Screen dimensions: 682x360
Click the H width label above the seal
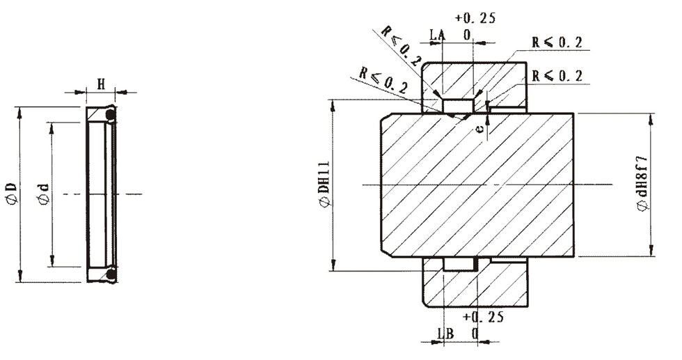coord(101,84)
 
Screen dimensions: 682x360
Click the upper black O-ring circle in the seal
coord(111,115)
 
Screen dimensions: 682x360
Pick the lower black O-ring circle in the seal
coord(111,274)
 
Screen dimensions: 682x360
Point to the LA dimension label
coord(438,35)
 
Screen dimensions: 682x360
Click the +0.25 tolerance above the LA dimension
coord(475,18)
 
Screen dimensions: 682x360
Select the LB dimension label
coord(445,334)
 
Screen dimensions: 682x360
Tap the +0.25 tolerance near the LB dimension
coord(483,317)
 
